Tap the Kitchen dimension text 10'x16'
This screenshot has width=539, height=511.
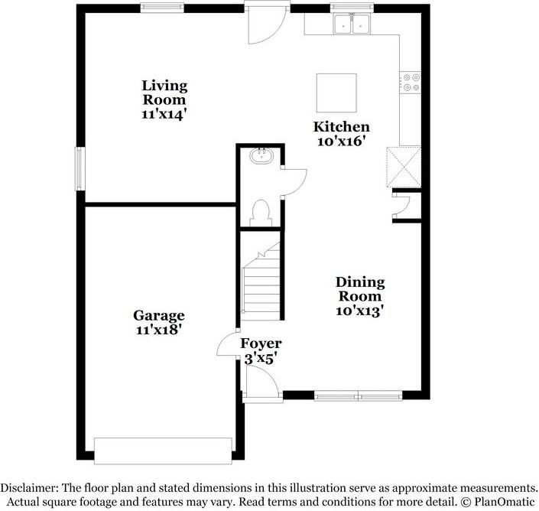point(343,142)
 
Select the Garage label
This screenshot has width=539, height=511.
point(159,315)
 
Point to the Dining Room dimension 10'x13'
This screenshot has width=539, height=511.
point(360,311)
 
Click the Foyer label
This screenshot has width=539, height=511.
point(261,343)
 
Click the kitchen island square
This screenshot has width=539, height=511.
point(336,93)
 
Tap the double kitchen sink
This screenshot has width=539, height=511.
point(352,25)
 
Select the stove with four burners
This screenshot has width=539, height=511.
point(411,82)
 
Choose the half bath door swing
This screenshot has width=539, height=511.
point(294,181)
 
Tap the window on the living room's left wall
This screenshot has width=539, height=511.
point(79,168)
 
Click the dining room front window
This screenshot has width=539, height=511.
point(359,396)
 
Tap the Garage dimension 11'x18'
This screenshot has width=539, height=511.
point(159,330)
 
